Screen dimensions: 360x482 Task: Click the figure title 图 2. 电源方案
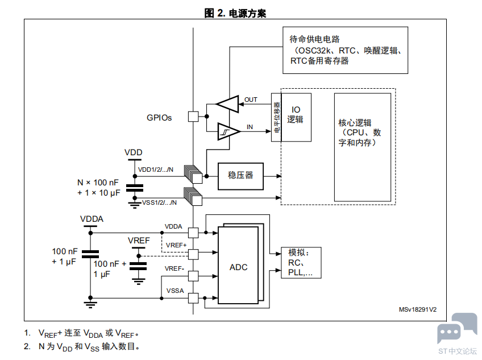tap(235, 13)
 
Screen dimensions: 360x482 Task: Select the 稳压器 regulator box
tap(240, 175)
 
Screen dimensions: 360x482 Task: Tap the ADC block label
tap(238, 267)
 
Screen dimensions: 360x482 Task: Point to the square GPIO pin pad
tap(193, 116)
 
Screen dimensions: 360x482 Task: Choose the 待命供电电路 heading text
tap(314, 39)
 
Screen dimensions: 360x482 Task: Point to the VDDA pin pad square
tap(193, 233)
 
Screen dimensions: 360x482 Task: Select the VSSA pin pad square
tap(193, 297)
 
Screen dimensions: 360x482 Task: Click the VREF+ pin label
tap(176, 245)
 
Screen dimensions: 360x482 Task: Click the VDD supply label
tap(134, 152)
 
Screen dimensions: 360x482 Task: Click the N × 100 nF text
tap(98, 183)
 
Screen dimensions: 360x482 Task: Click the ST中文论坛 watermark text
tap(458, 351)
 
